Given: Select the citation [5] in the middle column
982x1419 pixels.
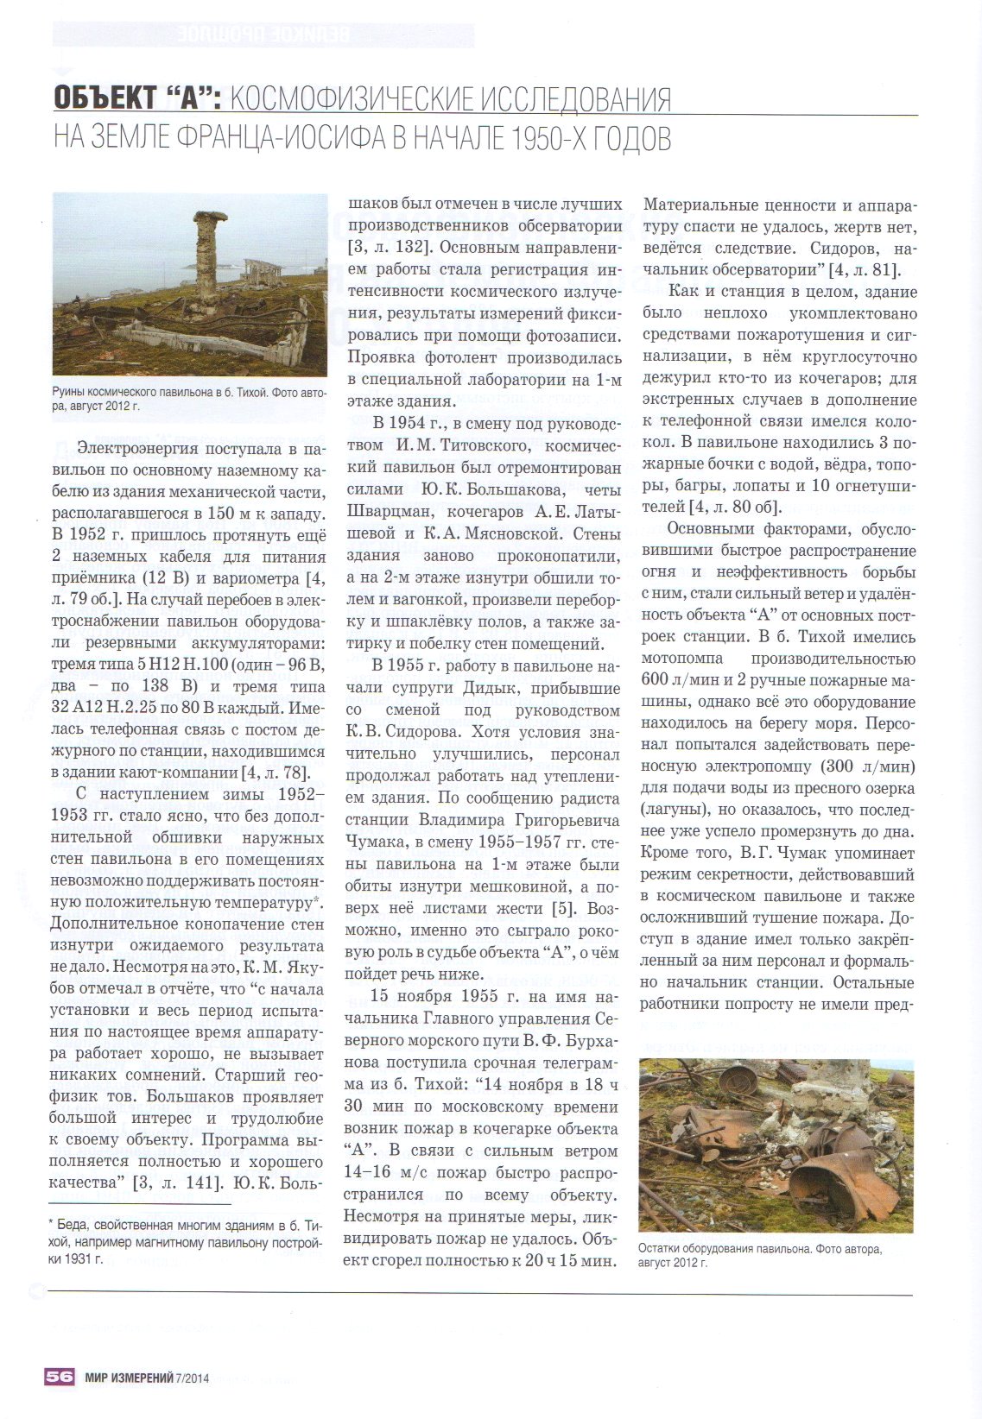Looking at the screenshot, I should pos(561,908).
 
